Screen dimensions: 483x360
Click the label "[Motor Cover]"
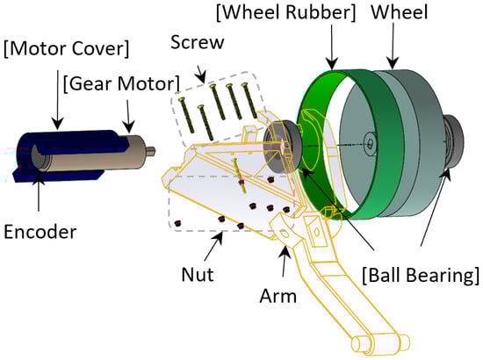(x=66, y=49)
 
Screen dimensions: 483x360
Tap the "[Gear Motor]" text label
(x=121, y=83)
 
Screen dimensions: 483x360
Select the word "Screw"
(x=197, y=42)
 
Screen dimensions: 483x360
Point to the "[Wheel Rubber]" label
(x=286, y=12)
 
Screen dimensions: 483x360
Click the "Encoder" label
(x=40, y=232)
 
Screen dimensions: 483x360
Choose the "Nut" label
(x=198, y=274)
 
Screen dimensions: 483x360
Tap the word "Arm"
(x=278, y=296)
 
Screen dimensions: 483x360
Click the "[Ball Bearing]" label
(x=421, y=275)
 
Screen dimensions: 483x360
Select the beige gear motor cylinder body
(x=92, y=154)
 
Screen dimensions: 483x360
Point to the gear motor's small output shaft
(x=151, y=151)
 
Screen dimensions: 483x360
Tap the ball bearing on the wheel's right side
(x=453, y=141)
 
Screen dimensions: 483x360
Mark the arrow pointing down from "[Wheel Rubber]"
(x=332, y=47)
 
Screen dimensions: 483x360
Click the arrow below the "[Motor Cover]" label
(x=58, y=99)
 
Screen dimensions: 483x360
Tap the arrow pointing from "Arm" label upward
(x=285, y=261)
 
